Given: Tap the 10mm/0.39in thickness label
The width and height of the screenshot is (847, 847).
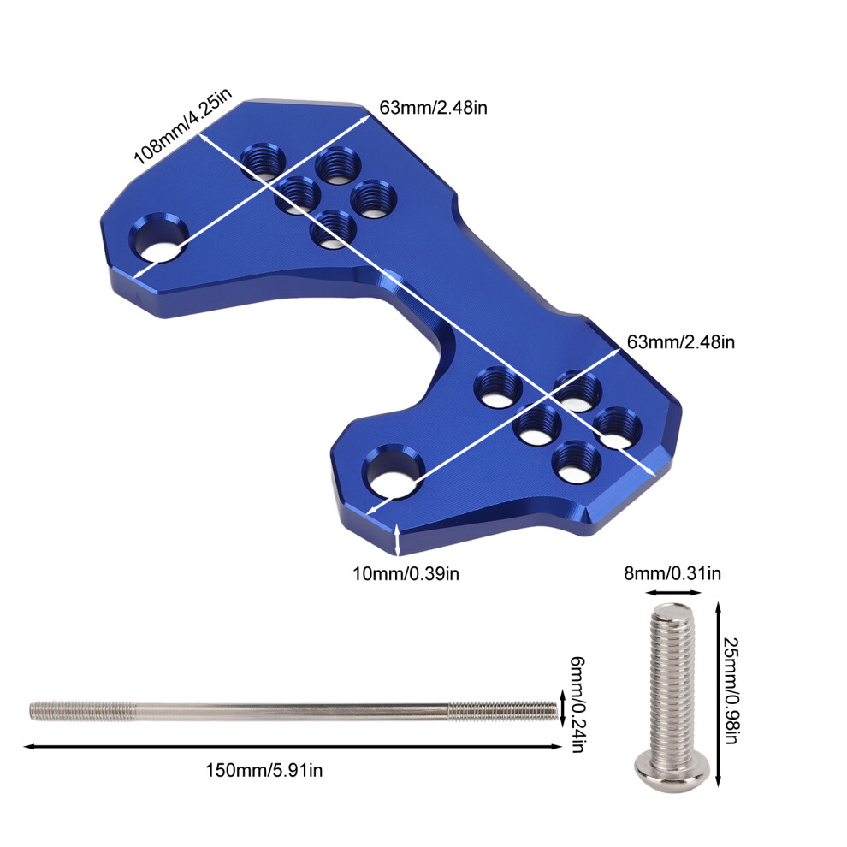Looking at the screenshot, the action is click(x=406, y=573).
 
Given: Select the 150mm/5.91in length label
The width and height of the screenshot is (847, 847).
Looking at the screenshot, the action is click(x=264, y=770).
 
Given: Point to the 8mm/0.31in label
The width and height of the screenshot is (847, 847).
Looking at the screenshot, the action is click(x=672, y=573).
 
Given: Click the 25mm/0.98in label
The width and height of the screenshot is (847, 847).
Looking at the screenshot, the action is click(x=731, y=691).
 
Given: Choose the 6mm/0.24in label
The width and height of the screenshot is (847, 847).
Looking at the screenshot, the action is click(x=578, y=704).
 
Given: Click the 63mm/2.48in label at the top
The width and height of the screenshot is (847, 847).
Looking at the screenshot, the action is click(x=433, y=108).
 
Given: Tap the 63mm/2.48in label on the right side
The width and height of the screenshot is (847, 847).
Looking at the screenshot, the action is click(x=681, y=342).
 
